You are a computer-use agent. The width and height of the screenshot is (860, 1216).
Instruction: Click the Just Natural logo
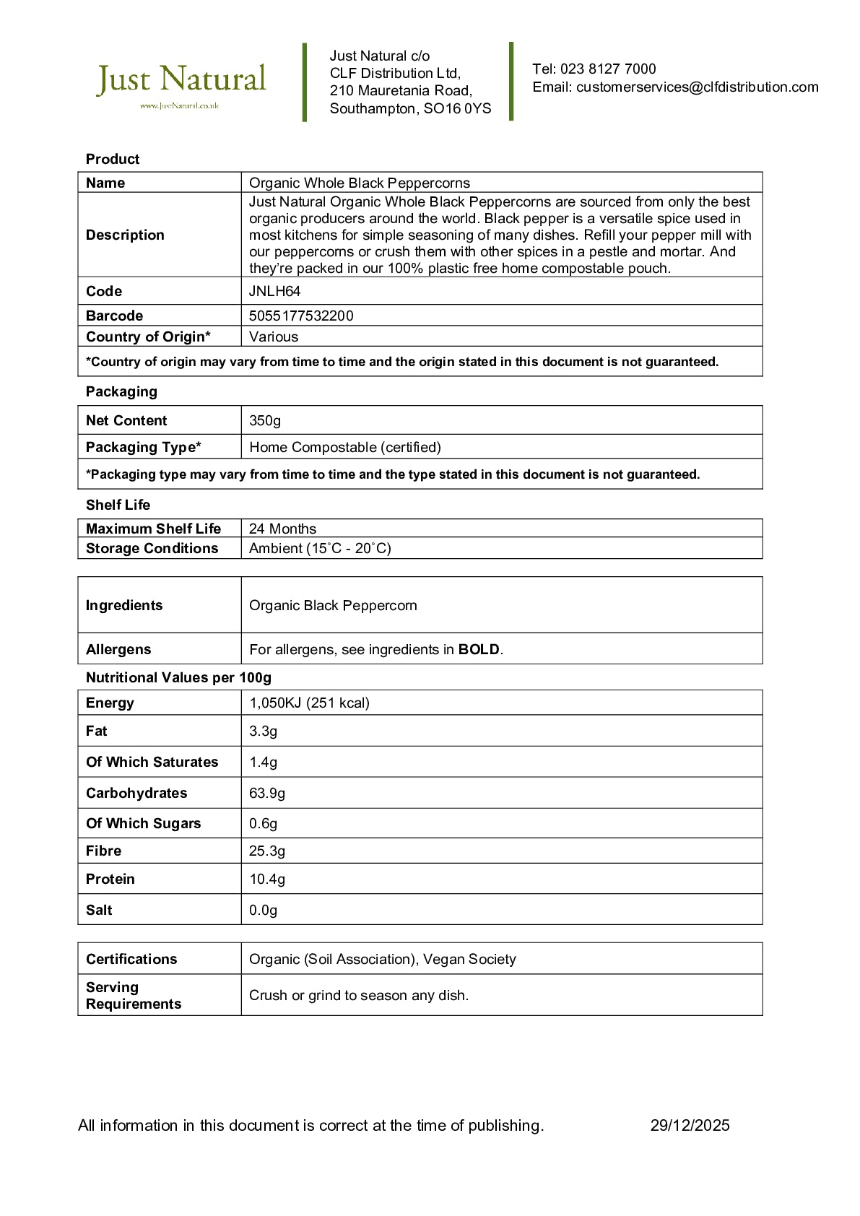pyautogui.click(x=181, y=83)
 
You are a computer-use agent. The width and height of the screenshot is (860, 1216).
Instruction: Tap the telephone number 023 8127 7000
pyautogui.click(x=608, y=69)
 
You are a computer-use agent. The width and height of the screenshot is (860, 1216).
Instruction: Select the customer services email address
pyautogui.click(x=697, y=87)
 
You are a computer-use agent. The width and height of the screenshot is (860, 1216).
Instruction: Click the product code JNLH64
pyautogui.click(x=274, y=292)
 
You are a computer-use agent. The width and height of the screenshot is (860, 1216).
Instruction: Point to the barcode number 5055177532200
pyautogui.click(x=301, y=316)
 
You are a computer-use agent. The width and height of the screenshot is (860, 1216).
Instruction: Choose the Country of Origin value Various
pyautogui.click(x=274, y=337)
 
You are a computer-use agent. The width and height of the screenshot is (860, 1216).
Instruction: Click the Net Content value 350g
pyautogui.click(x=265, y=421)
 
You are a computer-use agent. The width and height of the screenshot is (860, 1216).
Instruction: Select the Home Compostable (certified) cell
pyautogui.click(x=344, y=448)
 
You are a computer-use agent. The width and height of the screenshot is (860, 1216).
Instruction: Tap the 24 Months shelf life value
pyautogui.click(x=282, y=529)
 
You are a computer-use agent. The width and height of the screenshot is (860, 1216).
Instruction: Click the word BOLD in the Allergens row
pyautogui.click(x=479, y=650)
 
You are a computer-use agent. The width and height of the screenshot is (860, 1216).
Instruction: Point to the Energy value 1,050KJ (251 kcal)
pyautogui.click(x=309, y=703)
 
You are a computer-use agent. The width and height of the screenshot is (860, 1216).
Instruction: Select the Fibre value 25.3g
pyautogui.click(x=267, y=851)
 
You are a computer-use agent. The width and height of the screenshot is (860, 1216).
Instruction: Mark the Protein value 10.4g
pyautogui.click(x=267, y=880)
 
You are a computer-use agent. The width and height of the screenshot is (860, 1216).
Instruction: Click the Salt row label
pyautogui.click(x=99, y=911)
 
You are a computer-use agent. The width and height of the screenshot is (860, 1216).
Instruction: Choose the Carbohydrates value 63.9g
pyautogui.click(x=267, y=794)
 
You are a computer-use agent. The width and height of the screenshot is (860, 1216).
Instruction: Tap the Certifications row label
pyautogui.click(x=131, y=960)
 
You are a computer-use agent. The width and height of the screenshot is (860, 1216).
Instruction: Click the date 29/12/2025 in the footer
pyautogui.click(x=690, y=1126)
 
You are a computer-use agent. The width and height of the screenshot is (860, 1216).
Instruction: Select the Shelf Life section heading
pyautogui.click(x=118, y=505)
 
